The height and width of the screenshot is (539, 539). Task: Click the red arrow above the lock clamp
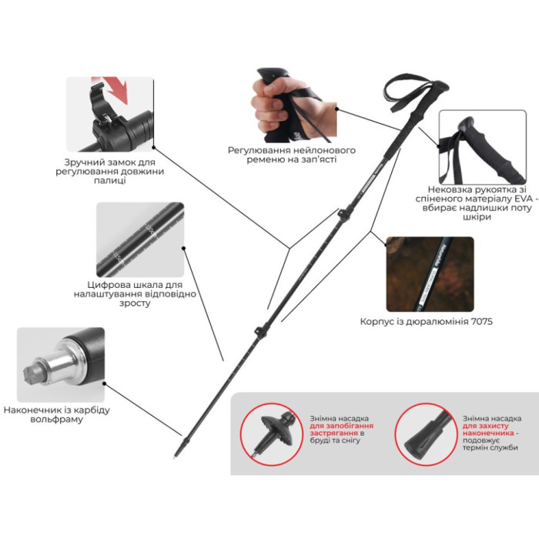(x=115, y=89)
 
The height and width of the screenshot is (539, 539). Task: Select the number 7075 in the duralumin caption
(x=481, y=321)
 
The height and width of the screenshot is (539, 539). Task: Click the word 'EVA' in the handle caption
(x=524, y=199)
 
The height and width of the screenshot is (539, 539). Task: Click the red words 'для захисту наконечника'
(x=488, y=430)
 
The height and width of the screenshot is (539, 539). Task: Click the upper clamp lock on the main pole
(x=343, y=215)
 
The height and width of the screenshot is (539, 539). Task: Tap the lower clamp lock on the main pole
(x=261, y=331)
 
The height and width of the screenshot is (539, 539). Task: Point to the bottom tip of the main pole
(x=176, y=457)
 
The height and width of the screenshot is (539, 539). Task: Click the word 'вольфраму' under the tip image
(x=57, y=420)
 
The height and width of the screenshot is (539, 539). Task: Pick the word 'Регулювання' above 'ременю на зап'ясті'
(x=259, y=151)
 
